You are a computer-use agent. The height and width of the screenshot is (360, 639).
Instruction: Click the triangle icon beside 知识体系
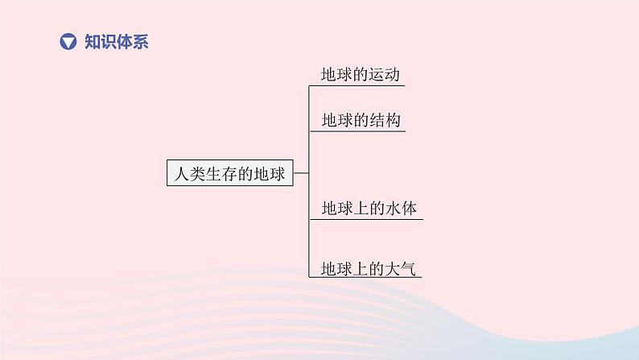click(x=69, y=42)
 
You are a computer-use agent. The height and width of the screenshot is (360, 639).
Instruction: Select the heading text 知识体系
click(x=117, y=42)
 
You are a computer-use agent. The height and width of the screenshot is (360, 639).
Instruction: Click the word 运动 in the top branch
click(x=385, y=74)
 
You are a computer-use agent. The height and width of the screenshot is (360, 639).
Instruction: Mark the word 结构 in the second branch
click(x=385, y=120)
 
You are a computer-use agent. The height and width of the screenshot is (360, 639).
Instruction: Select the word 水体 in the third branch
click(x=402, y=209)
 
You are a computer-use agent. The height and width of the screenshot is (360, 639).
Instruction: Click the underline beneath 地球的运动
click(x=356, y=85)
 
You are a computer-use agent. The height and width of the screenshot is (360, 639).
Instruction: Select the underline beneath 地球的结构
click(x=356, y=130)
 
